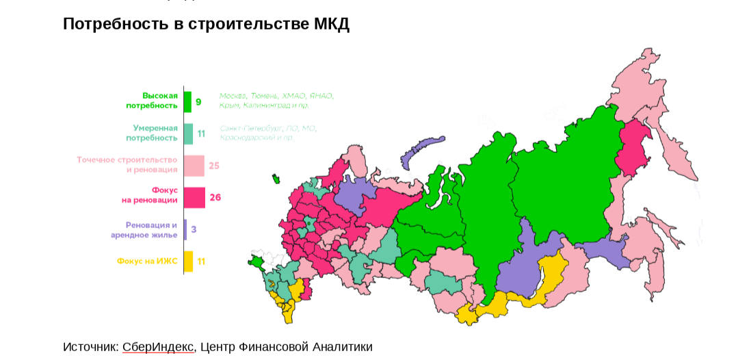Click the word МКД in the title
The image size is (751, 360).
331,24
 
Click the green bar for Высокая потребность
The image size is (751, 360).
187,101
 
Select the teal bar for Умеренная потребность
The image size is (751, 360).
188,133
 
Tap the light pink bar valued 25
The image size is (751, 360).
194,165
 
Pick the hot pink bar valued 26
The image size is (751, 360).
194,197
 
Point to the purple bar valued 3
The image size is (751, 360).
185,229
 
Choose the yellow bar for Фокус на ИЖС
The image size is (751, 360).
188,261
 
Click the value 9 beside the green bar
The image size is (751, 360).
198,102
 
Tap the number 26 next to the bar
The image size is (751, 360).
215,197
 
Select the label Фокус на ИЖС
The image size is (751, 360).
147,261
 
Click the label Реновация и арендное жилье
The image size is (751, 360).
144,230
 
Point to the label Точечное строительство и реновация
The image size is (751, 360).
127,165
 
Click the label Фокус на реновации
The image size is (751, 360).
150,195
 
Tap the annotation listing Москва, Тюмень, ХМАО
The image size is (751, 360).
276,101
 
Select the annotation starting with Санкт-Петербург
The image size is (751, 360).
268,133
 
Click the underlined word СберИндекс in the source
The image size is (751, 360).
158,347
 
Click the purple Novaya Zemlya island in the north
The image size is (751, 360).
421,151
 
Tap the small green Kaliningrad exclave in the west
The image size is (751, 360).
276,179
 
